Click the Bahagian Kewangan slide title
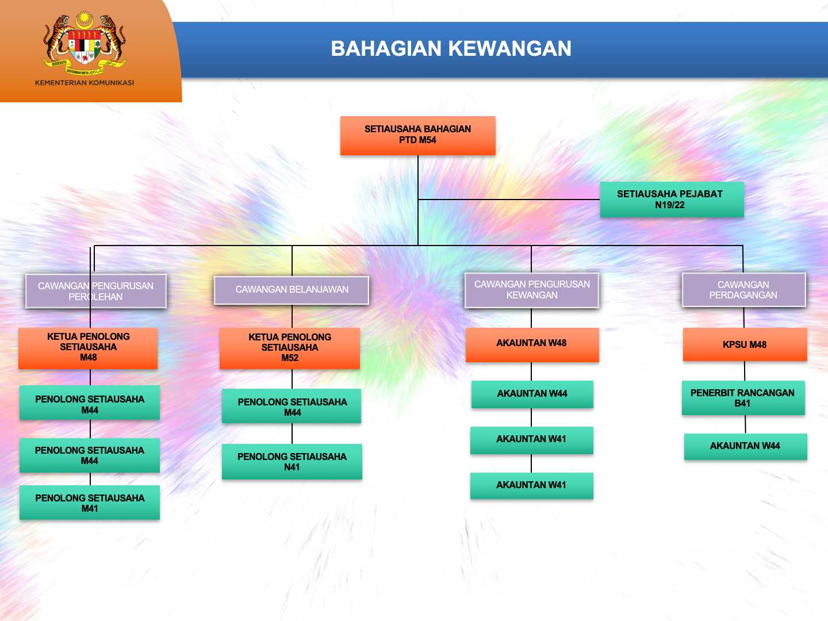pyautogui.click(x=451, y=49)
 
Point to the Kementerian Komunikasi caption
pyautogui.click(x=85, y=83)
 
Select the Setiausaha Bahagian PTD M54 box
pyautogui.click(x=417, y=135)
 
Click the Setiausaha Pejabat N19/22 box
pyautogui.click(x=672, y=200)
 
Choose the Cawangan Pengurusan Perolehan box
pyautogui.click(x=96, y=291)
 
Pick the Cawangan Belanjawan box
pyautogui.click(x=291, y=290)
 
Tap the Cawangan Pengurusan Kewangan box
pyautogui.click(x=531, y=290)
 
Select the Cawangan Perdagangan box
pyautogui.click(x=744, y=290)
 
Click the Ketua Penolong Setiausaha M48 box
pyautogui.click(x=89, y=348)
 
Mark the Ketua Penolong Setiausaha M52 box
pyautogui.click(x=290, y=348)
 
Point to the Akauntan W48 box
pyautogui.click(x=532, y=344)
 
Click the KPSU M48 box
pyautogui.click(x=745, y=344)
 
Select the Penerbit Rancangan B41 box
pyautogui.click(x=743, y=398)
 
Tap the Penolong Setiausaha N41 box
pyautogui.click(x=292, y=462)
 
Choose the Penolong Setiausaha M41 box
pyautogui.click(x=90, y=503)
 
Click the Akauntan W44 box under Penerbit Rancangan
pyautogui.click(x=745, y=446)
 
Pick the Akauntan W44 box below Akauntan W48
pyautogui.click(x=532, y=394)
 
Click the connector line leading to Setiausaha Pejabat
pyautogui.click(x=509, y=200)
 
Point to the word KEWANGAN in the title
pyautogui.click(x=509, y=49)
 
